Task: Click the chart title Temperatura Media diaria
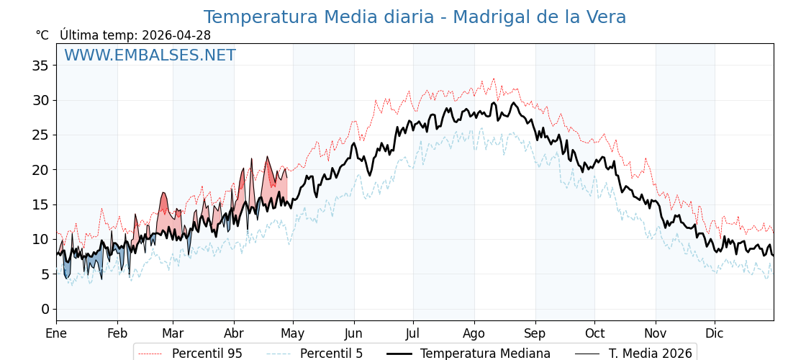point(415,17)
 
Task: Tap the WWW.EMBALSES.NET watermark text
point(150,55)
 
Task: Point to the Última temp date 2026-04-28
point(176,35)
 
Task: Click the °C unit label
point(42,35)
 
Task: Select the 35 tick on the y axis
point(40,66)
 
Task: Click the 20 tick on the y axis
point(40,170)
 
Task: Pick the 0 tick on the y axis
point(45,309)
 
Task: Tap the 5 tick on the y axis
point(45,274)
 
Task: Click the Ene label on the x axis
point(56,333)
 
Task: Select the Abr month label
point(234,333)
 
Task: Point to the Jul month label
point(413,333)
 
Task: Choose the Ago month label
point(474,333)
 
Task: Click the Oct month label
point(594,333)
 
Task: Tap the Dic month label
point(715,333)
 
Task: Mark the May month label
point(293,333)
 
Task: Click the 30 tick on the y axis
point(40,100)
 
